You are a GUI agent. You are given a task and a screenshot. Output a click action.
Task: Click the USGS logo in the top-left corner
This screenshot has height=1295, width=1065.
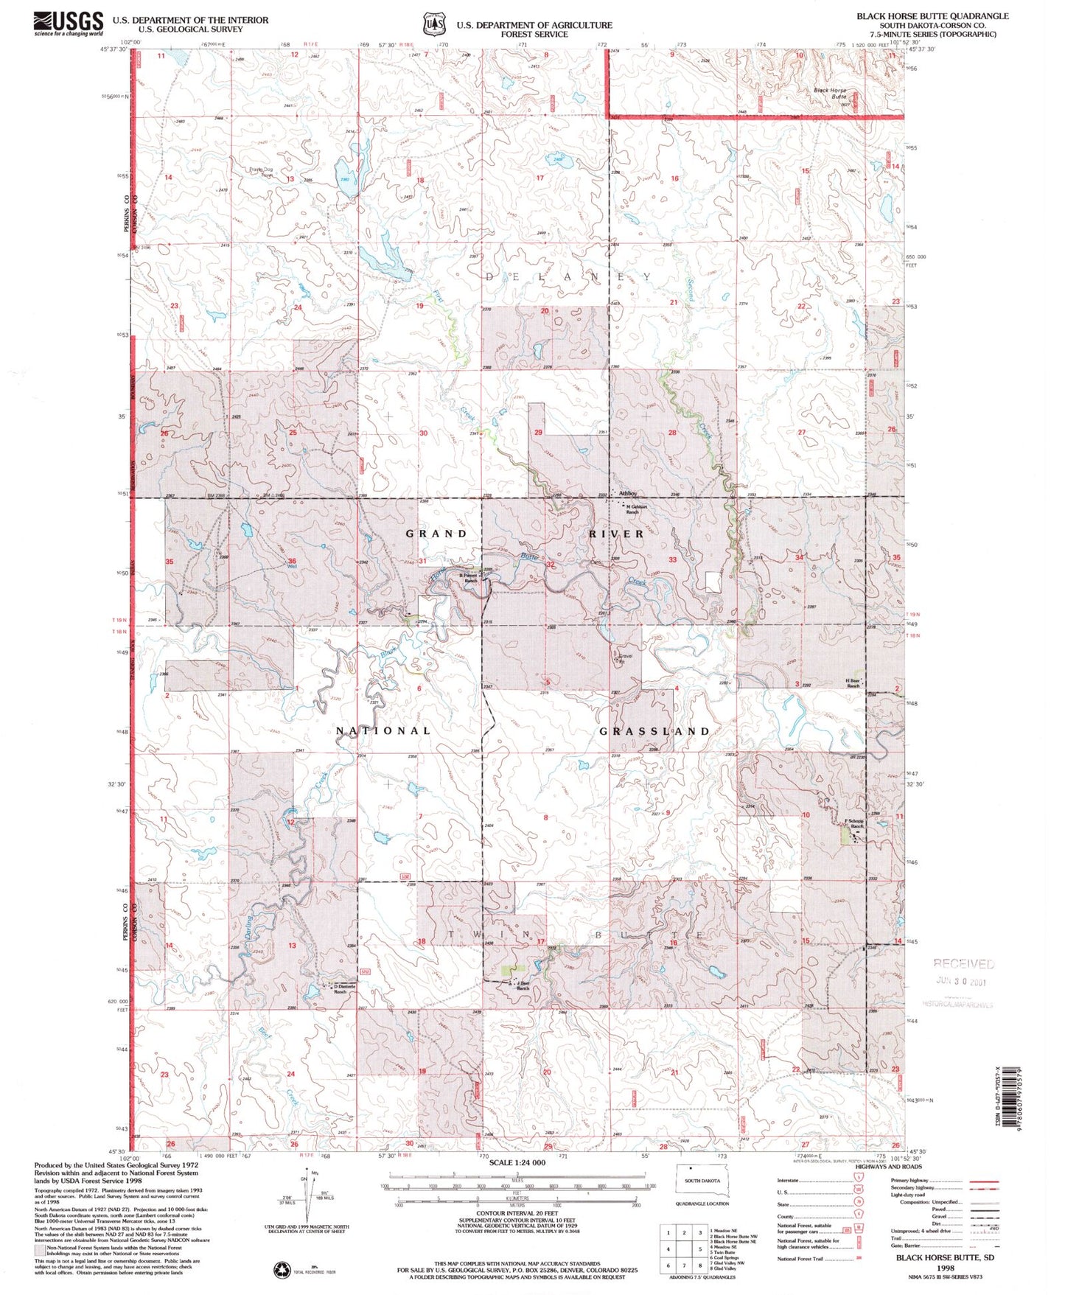point(68,24)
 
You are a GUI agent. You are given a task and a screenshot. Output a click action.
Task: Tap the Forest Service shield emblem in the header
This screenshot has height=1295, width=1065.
point(433,24)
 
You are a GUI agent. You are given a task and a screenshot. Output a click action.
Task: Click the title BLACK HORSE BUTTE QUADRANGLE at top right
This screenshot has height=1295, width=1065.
point(932,15)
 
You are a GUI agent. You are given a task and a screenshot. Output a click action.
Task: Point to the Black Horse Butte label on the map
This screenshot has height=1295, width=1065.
point(830,94)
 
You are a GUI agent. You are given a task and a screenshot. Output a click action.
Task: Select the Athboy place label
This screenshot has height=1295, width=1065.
point(627,493)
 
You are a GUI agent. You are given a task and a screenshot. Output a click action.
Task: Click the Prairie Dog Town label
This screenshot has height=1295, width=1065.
point(260,172)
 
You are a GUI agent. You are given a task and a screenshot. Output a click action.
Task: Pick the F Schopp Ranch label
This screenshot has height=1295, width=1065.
point(855,823)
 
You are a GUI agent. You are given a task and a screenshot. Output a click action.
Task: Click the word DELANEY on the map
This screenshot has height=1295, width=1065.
point(568,277)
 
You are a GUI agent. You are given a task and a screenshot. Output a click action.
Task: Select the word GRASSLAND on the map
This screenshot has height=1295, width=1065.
point(654,731)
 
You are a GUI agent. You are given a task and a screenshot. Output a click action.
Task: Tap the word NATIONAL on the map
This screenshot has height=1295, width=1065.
point(383,730)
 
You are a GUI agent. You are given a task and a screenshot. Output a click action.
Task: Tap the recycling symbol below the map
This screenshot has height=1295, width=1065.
point(282,1268)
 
